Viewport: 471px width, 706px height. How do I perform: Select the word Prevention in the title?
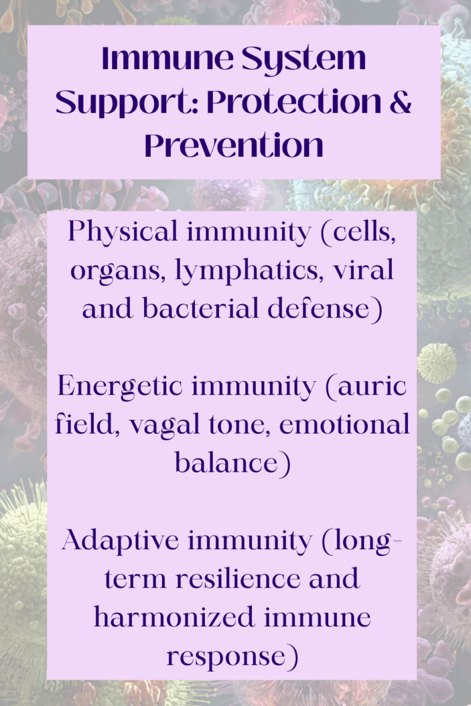click(x=234, y=146)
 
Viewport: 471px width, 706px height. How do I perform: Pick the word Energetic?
click(x=116, y=386)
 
